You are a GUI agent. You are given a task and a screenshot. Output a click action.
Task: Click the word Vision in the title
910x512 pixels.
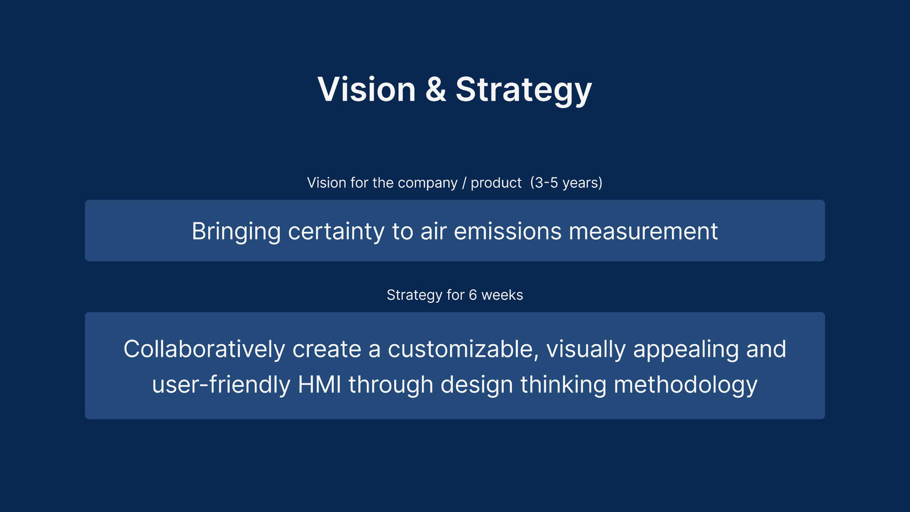pos(366,89)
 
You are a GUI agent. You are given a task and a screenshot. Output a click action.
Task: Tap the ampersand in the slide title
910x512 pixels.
pos(436,89)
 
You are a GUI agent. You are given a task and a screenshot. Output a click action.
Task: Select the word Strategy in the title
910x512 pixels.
pos(524,90)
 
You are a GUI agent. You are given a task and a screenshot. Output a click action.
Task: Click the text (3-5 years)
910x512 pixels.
pos(566,183)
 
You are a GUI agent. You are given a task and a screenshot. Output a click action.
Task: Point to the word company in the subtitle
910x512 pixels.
pos(427,183)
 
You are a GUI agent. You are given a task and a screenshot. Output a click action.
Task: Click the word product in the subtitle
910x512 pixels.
pos(496,183)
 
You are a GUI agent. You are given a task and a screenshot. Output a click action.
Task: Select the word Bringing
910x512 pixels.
pos(236,232)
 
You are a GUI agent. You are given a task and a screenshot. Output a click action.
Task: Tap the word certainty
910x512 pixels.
pos(336,232)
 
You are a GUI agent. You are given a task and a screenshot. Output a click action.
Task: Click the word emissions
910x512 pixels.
pos(507,231)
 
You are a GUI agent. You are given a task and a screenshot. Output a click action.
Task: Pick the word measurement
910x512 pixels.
pos(643,231)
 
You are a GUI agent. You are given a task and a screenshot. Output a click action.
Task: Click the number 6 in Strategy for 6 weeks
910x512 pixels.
pos(473,295)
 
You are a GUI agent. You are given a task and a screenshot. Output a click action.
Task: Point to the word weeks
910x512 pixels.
pos(502,295)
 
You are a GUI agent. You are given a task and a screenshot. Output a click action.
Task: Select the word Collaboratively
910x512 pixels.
pos(204,349)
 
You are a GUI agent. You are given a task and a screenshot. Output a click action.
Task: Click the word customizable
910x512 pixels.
pos(463,349)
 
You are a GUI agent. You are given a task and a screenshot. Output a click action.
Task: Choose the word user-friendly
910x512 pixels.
pos(221,385)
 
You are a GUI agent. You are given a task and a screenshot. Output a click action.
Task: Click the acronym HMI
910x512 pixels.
pos(320,385)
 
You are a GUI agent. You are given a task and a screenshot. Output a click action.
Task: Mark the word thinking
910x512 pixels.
pos(564,385)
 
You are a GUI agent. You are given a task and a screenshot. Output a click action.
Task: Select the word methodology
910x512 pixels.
pos(686,385)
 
